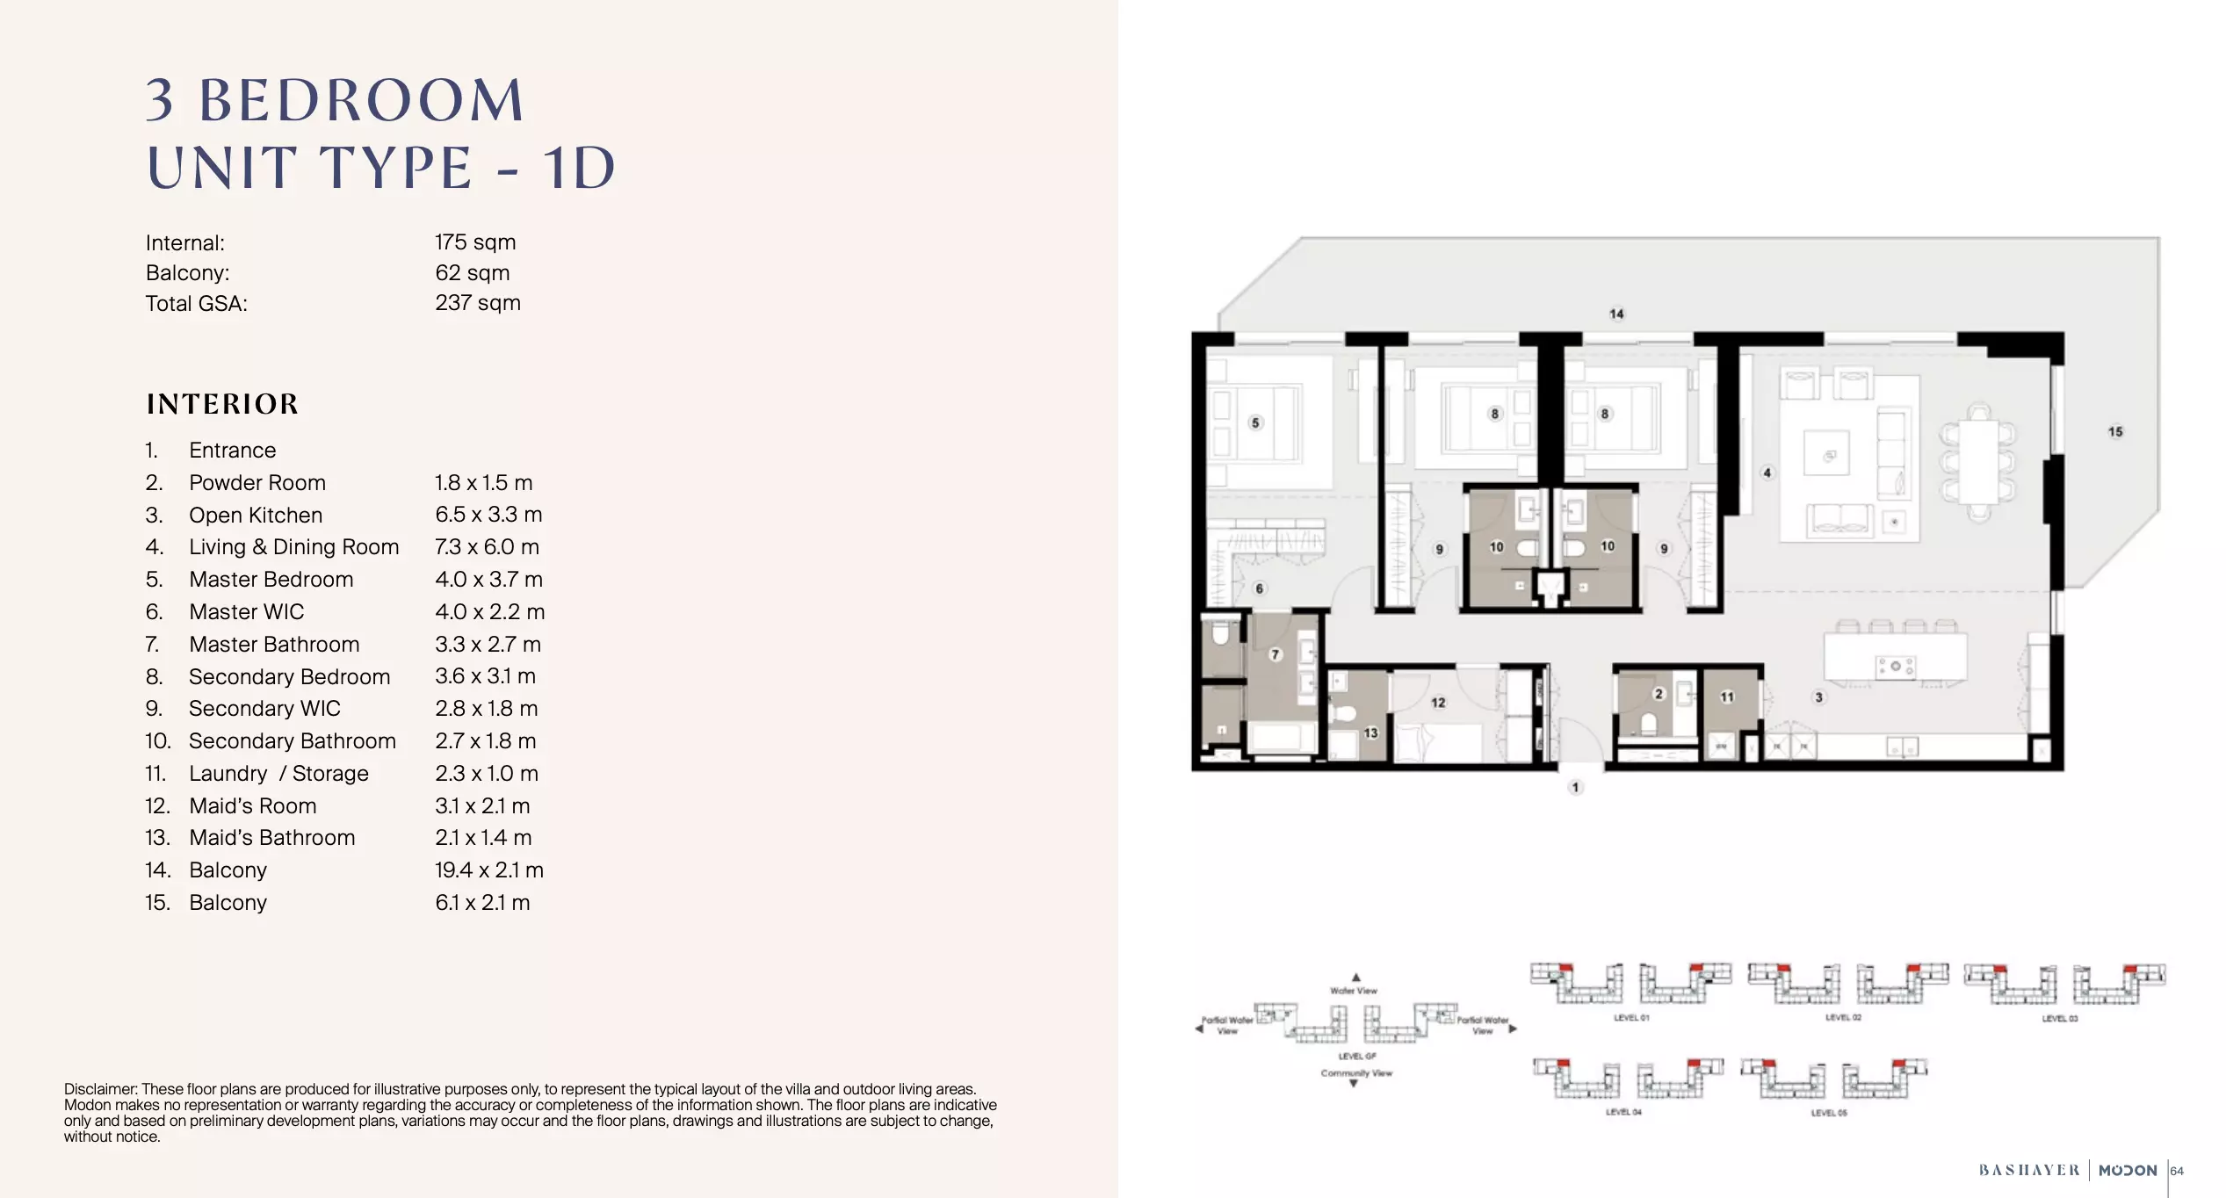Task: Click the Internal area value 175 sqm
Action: tap(475, 242)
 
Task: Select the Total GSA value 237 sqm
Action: tap(478, 303)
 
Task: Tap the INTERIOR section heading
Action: tap(222, 404)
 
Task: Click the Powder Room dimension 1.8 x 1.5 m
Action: tap(484, 483)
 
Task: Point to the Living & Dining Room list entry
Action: tap(293, 547)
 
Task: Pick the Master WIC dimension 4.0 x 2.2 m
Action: tap(489, 612)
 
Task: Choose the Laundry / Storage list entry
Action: tap(278, 774)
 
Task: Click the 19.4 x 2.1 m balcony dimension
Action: tap(489, 870)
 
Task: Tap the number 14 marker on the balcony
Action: tap(1616, 314)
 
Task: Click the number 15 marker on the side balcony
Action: tap(2115, 431)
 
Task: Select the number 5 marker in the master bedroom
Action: tap(1255, 422)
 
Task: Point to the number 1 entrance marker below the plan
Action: tap(1576, 788)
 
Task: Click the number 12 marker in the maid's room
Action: tap(1438, 703)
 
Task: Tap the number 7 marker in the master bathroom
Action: tap(1276, 654)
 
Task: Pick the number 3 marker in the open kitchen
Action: tap(1819, 697)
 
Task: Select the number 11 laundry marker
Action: tap(1727, 697)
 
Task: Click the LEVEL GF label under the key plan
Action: tap(1357, 1057)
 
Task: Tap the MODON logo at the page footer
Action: tap(2127, 1171)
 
